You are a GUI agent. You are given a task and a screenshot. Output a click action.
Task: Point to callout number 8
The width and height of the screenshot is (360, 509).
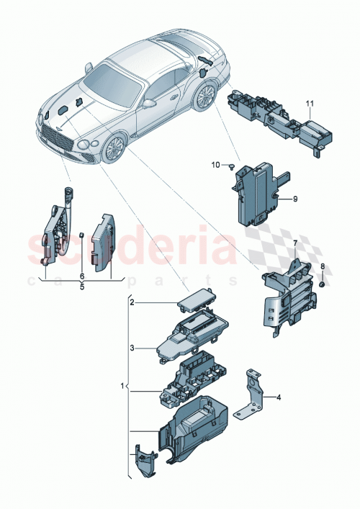pos(323,267)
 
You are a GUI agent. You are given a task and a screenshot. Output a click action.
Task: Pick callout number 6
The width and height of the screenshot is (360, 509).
pos(81,276)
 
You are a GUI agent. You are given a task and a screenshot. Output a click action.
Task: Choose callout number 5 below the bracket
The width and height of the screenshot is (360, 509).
pos(81,286)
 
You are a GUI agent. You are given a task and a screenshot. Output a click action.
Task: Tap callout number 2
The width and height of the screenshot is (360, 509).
pos(132,303)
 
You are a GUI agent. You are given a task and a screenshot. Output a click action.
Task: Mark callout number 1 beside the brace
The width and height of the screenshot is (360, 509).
pos(122,387)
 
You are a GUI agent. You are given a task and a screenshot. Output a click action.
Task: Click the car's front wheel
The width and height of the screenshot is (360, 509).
pos(112,149)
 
